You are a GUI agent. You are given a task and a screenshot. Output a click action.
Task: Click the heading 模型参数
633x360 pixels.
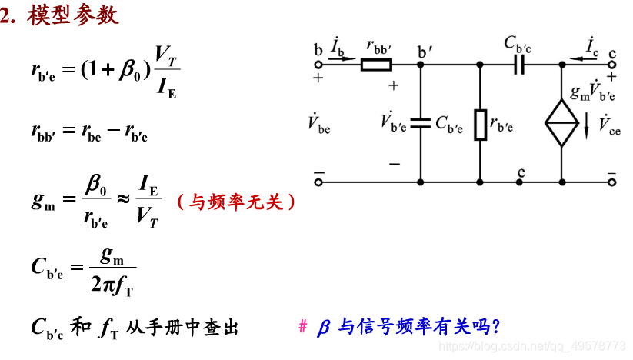click(x=73, y=16)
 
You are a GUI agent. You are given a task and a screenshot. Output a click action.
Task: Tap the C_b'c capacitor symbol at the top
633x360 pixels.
click(x=518, y=65)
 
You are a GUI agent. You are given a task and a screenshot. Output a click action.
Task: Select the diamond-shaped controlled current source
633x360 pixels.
click(x=562, y=123)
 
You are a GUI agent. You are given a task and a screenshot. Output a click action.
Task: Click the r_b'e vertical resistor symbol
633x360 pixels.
click(x=480, y=125)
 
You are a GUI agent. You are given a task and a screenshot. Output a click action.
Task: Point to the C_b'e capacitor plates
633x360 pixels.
click(x=421, y=122)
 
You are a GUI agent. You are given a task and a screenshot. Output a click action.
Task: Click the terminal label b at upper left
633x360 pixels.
click(x=318, y=50)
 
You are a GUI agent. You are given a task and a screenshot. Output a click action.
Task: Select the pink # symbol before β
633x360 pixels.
click(x=302, y=327)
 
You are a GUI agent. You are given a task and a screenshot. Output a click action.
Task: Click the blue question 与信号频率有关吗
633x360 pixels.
click(x=419, y=327)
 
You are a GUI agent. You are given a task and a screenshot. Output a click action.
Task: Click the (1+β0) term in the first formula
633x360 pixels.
click(x=112, y=70)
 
